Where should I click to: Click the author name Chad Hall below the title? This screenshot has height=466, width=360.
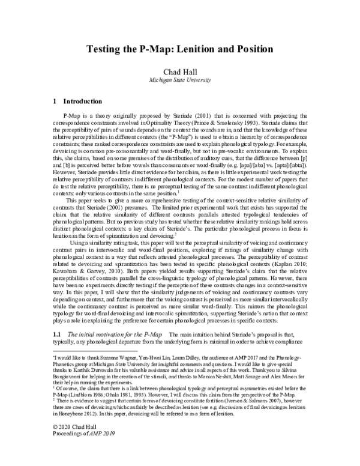tap(180, 71)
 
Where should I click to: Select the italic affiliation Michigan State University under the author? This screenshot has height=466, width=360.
tap(180, 80)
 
